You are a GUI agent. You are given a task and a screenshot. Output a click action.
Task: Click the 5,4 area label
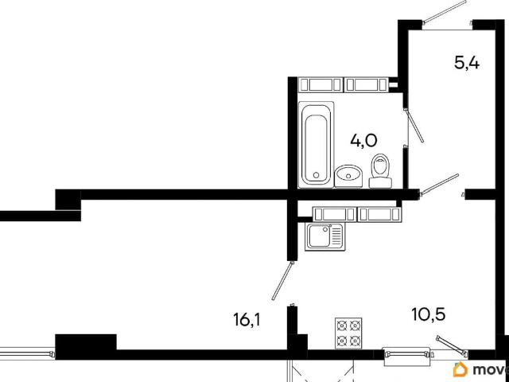[x=467, y=63]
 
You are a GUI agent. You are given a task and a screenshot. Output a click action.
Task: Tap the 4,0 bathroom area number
[x=363, y=141]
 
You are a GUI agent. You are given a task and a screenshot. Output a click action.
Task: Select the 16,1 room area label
[x=247, y=320]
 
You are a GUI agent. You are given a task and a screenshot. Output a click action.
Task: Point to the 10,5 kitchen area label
[x=428, y=314]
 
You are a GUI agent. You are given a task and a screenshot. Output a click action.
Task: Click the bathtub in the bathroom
[x=317, y=145]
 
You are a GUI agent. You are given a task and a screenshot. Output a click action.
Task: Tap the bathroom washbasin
[x=348, y=176]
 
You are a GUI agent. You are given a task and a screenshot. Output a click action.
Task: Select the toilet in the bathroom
[x=380, y=171]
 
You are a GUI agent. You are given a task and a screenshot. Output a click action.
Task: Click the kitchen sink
[x=324, y=237]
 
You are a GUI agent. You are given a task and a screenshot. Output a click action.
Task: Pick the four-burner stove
[x=348, y=333]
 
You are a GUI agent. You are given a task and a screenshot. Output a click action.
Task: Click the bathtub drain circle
[x=317, y=175]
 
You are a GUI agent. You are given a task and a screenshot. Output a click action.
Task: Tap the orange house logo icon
[x=461, y=369]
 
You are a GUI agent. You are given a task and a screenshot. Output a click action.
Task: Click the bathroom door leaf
[x=414, y=126]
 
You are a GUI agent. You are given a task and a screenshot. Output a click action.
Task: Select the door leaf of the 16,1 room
[x=283, y=281]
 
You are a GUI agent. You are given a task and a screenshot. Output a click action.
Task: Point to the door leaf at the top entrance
[x=445, y=12]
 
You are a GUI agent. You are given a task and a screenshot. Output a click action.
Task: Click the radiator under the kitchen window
[x=406, y=355]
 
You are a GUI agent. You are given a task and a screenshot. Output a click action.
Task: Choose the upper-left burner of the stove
[x=342, y=325]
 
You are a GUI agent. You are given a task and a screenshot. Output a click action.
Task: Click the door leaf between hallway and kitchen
[x=439, y=185]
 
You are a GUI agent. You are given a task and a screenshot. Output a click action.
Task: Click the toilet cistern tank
[x=380, y=183]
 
